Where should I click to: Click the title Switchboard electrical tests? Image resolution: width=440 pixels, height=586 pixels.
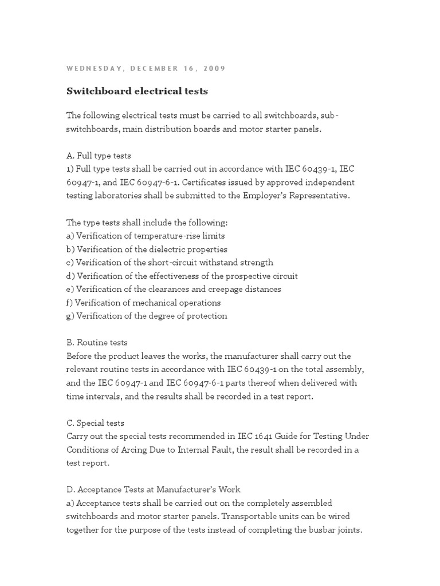137,91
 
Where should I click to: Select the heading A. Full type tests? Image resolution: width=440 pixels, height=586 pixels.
99,155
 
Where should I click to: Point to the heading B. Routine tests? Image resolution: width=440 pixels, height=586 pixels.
97,343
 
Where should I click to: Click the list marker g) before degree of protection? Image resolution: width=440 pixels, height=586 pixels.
70,316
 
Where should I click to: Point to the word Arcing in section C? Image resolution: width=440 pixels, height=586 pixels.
127,450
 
